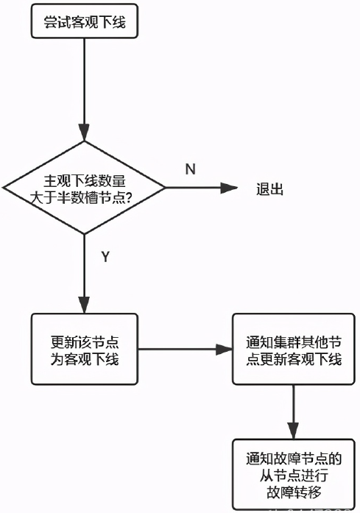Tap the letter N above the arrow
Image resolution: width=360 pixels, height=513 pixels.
coord(190,169)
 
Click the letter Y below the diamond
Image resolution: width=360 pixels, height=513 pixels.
coord(105,256)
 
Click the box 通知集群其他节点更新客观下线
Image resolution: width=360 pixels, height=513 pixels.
coord(293,350)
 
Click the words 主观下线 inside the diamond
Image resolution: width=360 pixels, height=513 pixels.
coord(61,180)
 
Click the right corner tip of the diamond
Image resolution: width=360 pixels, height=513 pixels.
coord(166,188)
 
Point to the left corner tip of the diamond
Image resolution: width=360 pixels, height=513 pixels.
coord(4,188)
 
